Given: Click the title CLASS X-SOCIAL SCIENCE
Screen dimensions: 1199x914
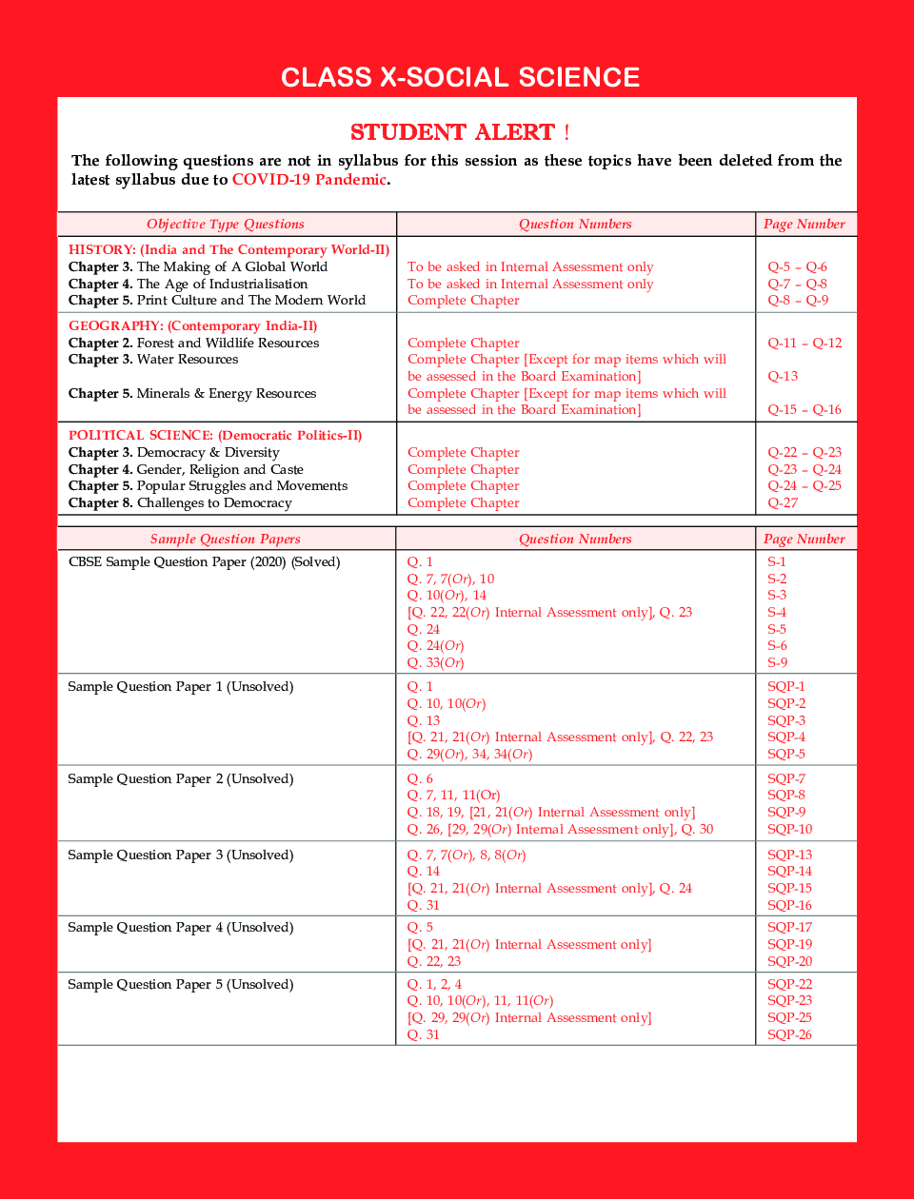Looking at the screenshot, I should [x=460, y=77].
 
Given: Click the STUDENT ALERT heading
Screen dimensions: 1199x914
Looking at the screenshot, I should [x=460, y=132].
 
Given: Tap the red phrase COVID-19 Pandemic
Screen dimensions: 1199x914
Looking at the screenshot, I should [x=309, y=180].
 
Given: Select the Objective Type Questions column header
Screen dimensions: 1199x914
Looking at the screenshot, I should [x=226, y=225].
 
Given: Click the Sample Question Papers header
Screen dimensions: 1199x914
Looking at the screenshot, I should [x=226, y=540].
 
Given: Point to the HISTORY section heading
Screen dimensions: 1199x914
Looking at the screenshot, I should [x=228, y=250].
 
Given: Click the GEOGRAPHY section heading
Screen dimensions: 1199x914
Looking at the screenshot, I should [x=192, y=326].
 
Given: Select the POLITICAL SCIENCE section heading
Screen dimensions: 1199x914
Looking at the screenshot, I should [x=215, y=436].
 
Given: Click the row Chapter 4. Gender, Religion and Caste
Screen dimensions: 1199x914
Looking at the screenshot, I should [x=186, y=470].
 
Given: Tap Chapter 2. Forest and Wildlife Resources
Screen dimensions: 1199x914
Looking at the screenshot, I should [x=193, y=344].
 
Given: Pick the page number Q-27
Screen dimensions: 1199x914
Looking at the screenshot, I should [x=783, y=503].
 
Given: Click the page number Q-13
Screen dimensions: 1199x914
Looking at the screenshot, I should [x=783, y=377].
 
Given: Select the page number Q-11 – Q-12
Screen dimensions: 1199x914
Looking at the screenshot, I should [x=805, y=344].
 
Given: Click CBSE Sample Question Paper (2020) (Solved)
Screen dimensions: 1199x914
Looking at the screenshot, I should [x=204, y=562].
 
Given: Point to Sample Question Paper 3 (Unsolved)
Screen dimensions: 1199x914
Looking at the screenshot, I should [x=181, y=855].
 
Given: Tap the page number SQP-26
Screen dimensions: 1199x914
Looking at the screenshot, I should [x=789, y=1035].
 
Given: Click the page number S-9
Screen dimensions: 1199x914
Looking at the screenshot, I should [x=777, y=663].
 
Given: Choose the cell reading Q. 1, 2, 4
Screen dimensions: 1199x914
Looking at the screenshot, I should [x=434, y=985].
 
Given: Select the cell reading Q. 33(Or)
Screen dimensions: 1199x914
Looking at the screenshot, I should [x=435, y=663].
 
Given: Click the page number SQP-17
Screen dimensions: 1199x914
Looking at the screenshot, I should [x=789, y=928].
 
